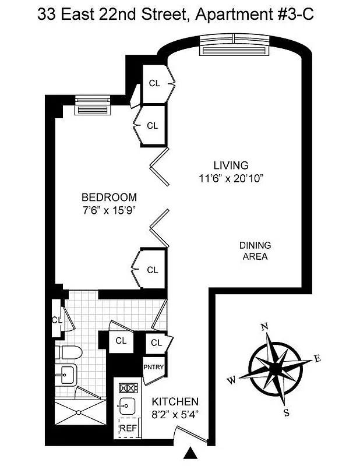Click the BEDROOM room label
[109, 197]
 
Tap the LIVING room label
[231, 165]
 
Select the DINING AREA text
[255, 250]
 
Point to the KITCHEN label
[175, 402]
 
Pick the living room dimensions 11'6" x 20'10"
[231, 178]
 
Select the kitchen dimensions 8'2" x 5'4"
[175, 415]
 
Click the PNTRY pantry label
[154, 366]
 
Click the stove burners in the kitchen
[127, 387]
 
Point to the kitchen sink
[127, 406]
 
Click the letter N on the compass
[264, 327]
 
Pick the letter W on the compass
[231, 381]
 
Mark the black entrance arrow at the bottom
[190, 453]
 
